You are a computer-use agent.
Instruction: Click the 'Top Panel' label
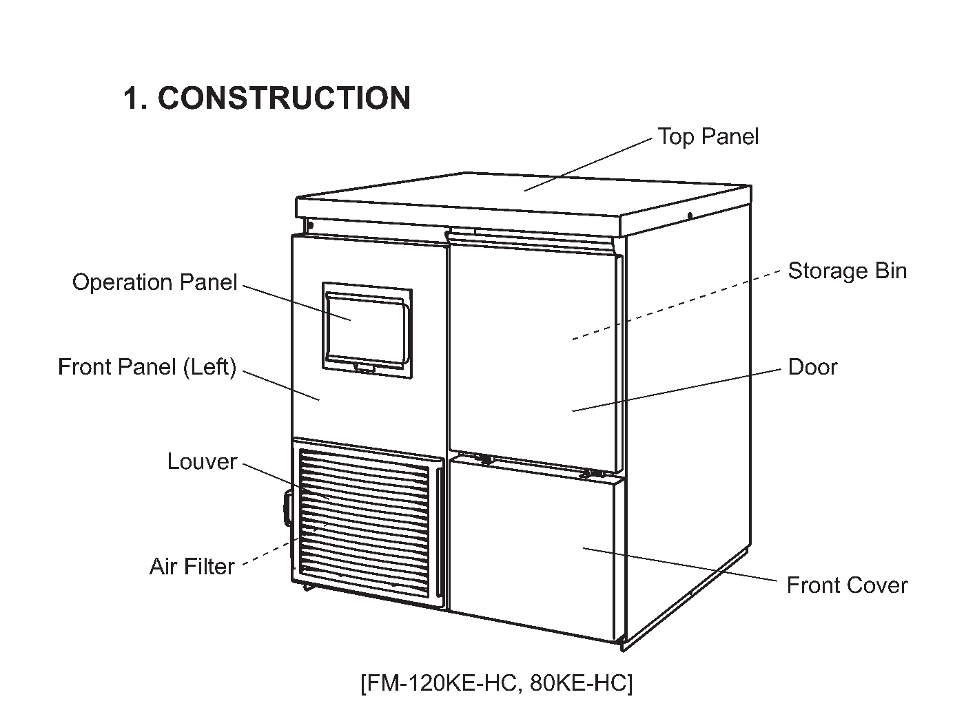pyautogui.click(x=708, y=136)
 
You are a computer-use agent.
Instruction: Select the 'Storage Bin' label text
pyautogui.click(x=847, y=271)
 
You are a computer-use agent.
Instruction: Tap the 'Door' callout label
pyautogui.click(x=812, y=367)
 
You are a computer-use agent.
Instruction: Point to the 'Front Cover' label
pyautogui.click(x=847, y=585)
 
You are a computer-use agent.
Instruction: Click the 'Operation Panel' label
pyautogui.click(x=155, y=282)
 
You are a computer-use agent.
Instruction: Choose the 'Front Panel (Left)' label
pyautogui.click(x=147, y=367)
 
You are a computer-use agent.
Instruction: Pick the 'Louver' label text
pyautogui.click(x=202, y=461)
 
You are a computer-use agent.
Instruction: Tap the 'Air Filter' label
pyautogui.click(x=192, y=566)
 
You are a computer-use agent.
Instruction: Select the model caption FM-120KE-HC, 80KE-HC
pyautogui.click(x=496, y=682)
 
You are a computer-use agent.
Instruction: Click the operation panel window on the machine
pyautogui.click(x=367, y=331)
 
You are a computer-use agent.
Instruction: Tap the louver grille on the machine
pyautogui.click(x=364, y=523)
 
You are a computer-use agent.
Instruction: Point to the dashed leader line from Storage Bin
pyautogui.click(x=676, y=305)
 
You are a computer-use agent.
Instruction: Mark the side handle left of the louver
pyautogui.click(x=287, y=508)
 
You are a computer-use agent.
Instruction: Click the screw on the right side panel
pyautogui.click(x=690, y=216)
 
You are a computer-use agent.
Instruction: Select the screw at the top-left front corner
pyautogui.click(x=310, y=225)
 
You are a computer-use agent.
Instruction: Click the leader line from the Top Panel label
pyautogui.click(x=588, y=165)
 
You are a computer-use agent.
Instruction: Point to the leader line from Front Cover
pyautogui.click(x=679, y=564)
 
